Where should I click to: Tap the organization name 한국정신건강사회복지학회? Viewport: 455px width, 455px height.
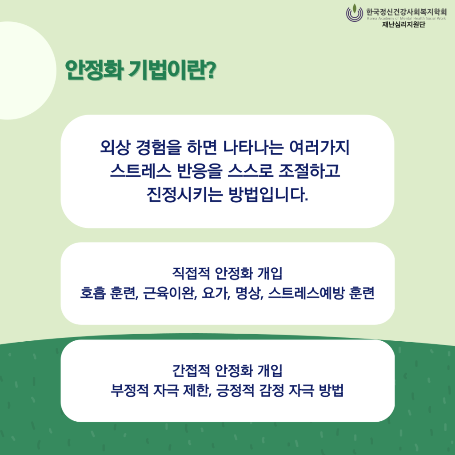pyautogui.click(x=406, y=12)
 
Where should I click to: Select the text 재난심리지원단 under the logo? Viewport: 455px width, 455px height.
pyautogui.click(x=403, y=24)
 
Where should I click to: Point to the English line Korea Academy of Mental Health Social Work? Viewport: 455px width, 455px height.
pyautogui.click(x=406, y=18)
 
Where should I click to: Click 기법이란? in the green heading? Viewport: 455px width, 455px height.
pyautogui.click(x=172, y=70)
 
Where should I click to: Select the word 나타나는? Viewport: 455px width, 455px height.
pyautogui.click(x=253, y=147)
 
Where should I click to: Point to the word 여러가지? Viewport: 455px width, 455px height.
pyautogui.click(x=319, y=147)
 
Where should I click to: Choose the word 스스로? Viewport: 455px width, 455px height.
pyautogui.click(x=250, y=171)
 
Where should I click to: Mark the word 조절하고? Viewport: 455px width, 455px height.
pyautogui.click(x=309, y=171)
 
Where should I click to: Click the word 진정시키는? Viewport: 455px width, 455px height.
pyautogui.click(x=184, y=195)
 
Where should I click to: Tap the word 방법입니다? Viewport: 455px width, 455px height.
pyautogui.click(x=268, y=195)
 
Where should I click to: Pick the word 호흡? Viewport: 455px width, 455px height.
pyautogui.click(x=92, y=293)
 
